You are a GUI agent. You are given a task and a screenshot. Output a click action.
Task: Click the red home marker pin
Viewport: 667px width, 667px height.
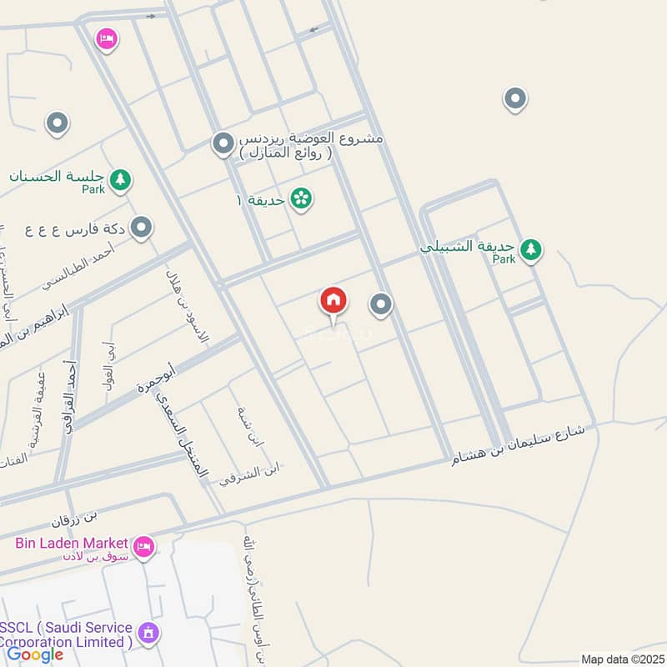coord(333,301)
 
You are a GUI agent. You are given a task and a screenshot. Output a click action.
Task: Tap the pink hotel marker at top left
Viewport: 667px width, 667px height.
coord(106,38)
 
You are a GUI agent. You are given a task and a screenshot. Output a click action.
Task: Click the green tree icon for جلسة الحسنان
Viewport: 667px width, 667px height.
coord(121,179)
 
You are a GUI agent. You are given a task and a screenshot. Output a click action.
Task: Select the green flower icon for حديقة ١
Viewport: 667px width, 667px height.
coord(301,199)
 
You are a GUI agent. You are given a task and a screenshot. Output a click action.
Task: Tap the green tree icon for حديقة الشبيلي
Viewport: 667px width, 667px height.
coord(530,248)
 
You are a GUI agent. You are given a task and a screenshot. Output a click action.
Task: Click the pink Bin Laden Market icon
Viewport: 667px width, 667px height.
coord(144,547)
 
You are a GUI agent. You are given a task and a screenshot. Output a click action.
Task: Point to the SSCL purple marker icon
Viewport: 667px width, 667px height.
coord(149,633)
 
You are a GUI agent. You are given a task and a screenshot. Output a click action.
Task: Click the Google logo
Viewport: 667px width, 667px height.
coord(35,654)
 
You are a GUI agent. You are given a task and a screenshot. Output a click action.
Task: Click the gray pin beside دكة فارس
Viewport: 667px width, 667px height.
coord(143,227)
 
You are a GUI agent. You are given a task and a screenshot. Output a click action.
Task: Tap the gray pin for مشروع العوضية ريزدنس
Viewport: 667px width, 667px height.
coord(223,144)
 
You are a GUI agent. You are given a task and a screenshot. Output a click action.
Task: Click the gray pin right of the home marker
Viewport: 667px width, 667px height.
coord(381,305)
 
